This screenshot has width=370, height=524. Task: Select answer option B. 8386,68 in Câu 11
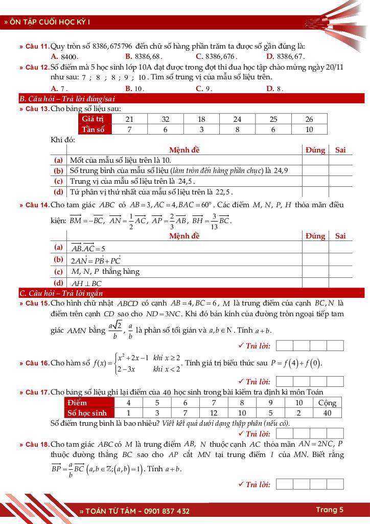144,56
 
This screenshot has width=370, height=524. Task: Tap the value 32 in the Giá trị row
165,119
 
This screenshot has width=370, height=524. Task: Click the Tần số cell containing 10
309,129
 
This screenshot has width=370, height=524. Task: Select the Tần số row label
93,129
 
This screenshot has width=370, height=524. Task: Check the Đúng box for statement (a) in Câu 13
315,160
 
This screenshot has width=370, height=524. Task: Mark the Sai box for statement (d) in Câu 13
340,192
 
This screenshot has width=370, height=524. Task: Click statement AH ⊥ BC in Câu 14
86,283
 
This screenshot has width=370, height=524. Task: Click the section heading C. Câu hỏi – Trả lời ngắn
61,293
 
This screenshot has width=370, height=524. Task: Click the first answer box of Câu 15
285,346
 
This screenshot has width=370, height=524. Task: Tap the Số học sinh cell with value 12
214,413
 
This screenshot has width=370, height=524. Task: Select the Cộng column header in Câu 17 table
327,403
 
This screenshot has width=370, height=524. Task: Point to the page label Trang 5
329,510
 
